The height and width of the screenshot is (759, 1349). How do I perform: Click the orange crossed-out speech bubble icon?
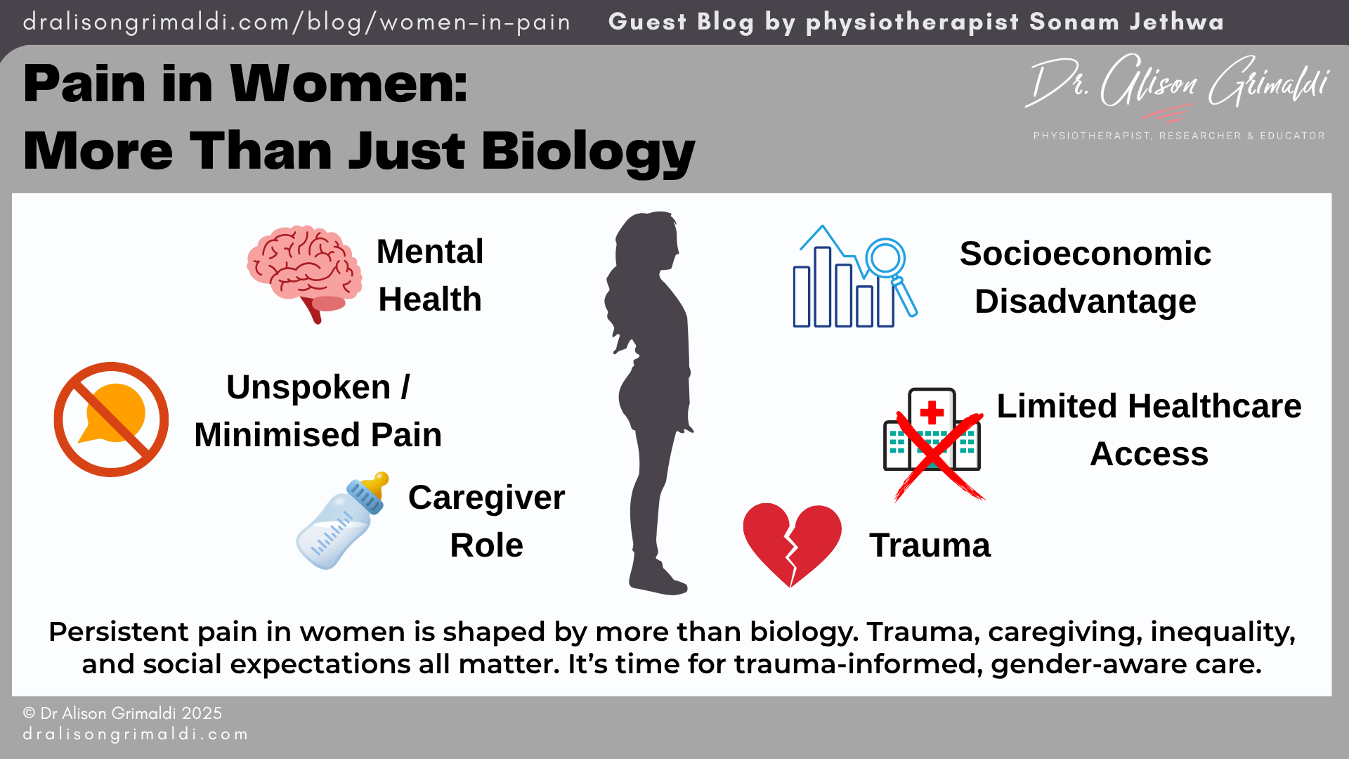coord(111,420)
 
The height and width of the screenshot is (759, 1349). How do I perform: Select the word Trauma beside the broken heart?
coord(930,545)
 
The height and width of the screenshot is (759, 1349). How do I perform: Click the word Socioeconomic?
coord(1085,254)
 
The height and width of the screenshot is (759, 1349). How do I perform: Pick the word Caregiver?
coord(486,498)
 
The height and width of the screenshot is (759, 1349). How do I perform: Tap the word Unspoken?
coord(308,387)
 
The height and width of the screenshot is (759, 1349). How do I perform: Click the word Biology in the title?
coord(588,151)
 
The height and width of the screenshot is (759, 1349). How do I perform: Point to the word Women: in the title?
coord(348,84)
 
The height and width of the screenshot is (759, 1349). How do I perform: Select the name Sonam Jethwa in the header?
coord(1126,22)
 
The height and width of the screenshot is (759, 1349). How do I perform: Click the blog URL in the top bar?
coord(296,22)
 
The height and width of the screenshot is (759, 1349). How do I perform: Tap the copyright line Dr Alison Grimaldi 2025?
coord(122,713)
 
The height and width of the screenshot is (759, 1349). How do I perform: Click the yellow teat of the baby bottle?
coord(379,484)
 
